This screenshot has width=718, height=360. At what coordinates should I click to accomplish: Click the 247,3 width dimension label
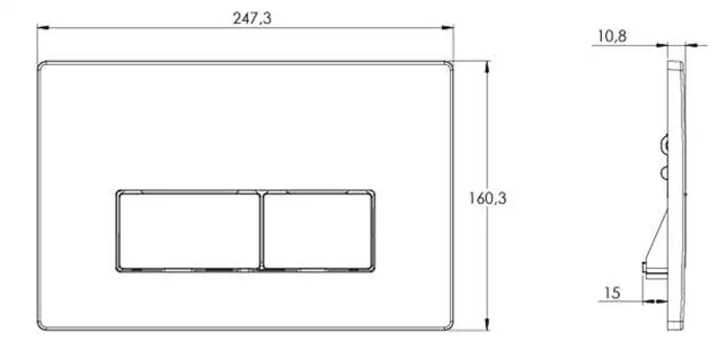[252, 19]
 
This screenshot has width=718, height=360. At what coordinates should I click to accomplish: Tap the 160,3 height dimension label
[488, 199]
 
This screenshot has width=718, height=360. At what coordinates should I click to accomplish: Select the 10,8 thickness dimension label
[612, 36]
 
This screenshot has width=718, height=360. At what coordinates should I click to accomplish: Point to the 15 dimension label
[612, 293]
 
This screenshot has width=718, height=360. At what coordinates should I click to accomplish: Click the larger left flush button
[188, 231]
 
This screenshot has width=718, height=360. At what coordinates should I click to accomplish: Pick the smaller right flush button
[318, 231]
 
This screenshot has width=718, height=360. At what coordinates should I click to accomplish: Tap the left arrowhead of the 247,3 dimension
[42, 28]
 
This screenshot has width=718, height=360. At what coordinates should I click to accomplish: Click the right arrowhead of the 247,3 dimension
[448, 28]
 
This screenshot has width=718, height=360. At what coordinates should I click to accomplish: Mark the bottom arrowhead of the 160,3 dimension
[487, 324]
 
